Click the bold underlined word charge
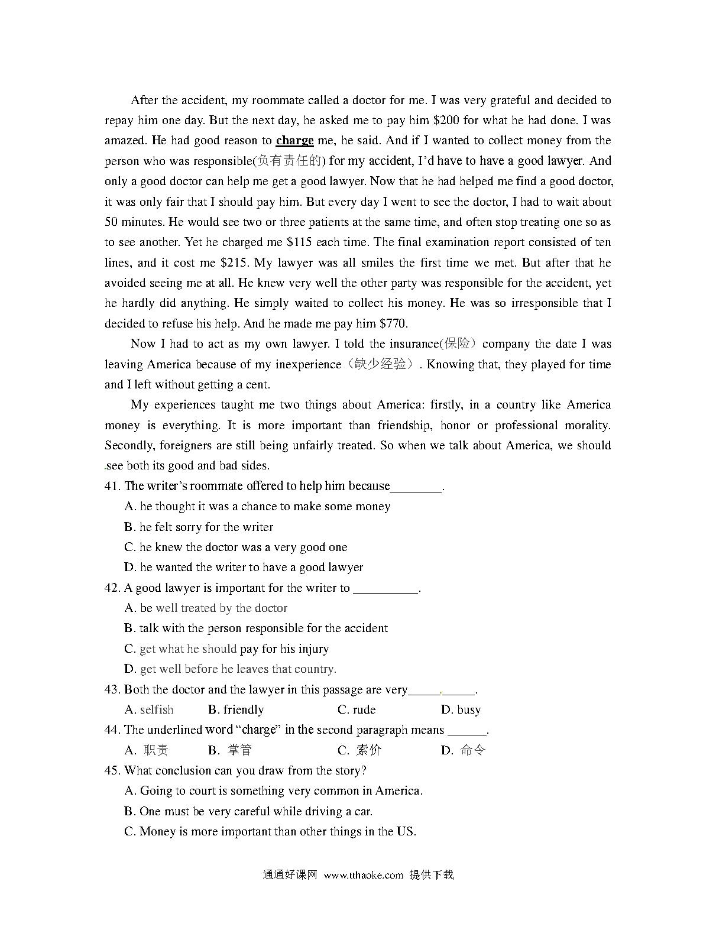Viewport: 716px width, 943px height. pos(294,141)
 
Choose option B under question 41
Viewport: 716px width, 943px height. pos(199,527)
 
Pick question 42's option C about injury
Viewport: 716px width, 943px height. pos(226,649)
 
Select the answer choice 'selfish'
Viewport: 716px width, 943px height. pos(150,709)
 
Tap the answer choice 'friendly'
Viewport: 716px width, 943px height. pos(236,709)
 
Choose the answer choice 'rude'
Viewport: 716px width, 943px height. pos(357,709)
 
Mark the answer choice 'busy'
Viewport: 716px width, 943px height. pos(461,709)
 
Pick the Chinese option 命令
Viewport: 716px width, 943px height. pos(464,750)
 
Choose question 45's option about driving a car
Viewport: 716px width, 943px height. pos(248,811)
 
